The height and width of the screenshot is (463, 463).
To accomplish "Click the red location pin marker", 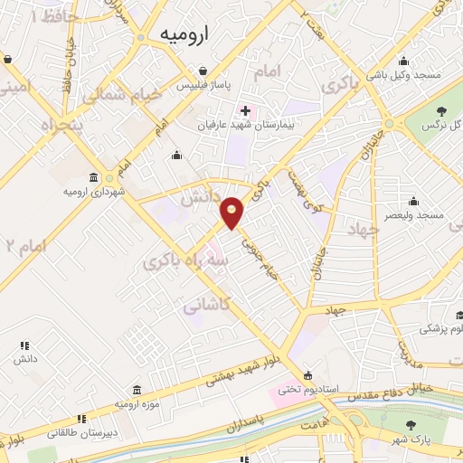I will [x=233, y=213].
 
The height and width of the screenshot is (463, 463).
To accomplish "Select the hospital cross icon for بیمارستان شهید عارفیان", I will [x=245, y=110].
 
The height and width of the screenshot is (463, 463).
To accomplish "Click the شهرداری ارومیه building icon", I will [x=95, y=177].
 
